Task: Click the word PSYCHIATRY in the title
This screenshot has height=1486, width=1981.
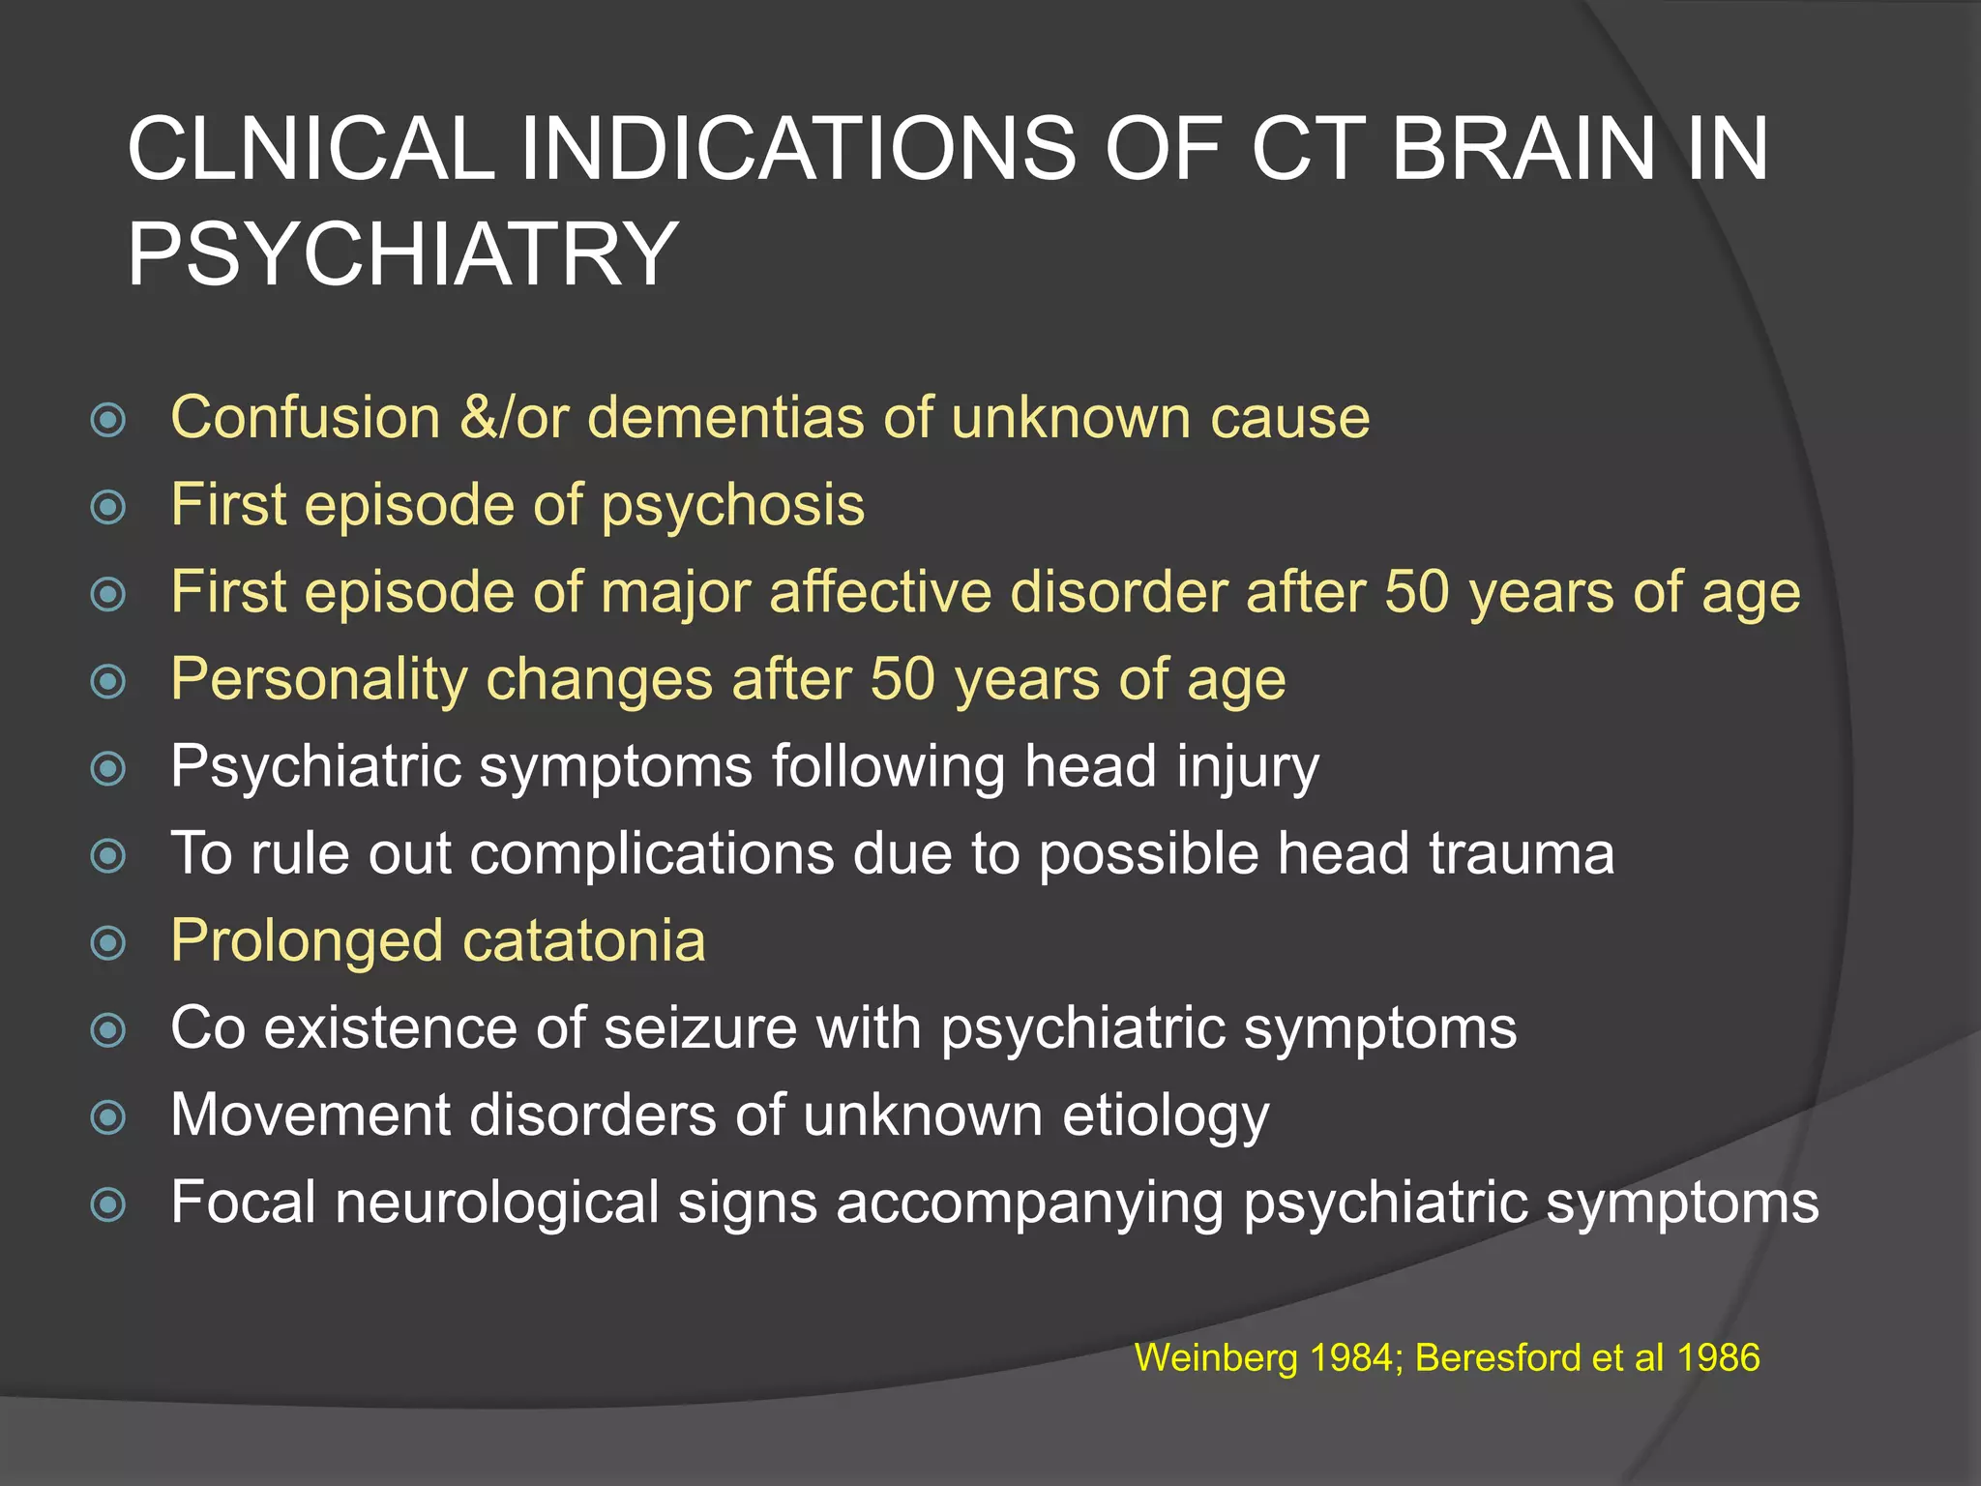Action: (x=401, y=253)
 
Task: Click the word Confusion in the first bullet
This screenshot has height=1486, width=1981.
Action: (x=306, y=418)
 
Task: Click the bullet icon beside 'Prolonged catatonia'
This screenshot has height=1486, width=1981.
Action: (x=108, y=942)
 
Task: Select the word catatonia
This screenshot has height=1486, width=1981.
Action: (x=584, y=940)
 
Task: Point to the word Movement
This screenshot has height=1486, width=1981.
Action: (x=310, y=1115)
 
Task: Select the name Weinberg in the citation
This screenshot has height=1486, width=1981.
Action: (x=1215, y=1359)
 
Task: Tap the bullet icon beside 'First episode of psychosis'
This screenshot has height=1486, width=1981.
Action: (x=108, y=507)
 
